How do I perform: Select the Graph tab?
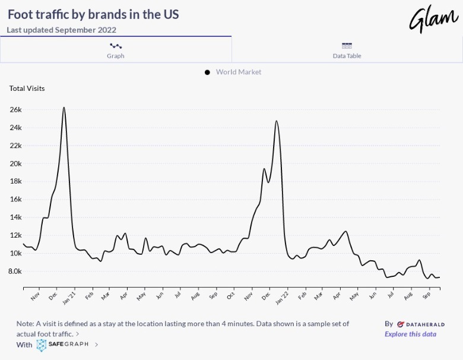(x=116, y=50)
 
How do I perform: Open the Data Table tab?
(x=347, y=50)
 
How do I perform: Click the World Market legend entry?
(x=238, y=72)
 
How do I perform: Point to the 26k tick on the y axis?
(x=15, y=110)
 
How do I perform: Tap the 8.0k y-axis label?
(x=14, y=271)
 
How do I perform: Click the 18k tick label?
(x=15, y=182)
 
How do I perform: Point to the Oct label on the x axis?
(x=231, y=295)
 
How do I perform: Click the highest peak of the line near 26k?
(x=64, y=108)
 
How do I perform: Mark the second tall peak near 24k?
(x=277, y=121)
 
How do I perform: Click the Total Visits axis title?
(x=27, y=89)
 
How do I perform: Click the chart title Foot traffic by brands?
(x=93, y=14)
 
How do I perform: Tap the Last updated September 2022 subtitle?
(x=62, y=30)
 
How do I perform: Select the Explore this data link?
(x=410, y=334)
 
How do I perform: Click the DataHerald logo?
(x=416, y=324)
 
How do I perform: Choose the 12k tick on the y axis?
(x=15, y=235)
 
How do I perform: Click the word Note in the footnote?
(x=25, y=324)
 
